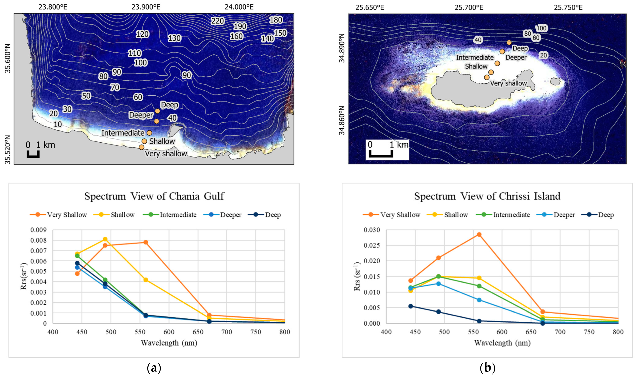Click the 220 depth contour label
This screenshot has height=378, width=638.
coord(217,21)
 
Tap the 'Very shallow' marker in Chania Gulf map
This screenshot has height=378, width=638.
coord(142,147)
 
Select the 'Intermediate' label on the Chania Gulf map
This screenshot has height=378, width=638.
coord(123,133)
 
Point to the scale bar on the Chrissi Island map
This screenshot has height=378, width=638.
coord(381,154)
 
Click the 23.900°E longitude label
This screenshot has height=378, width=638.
coord(146,7)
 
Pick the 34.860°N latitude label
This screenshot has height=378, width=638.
coord(342,120)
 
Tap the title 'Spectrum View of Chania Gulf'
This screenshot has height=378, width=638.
coord(154,196)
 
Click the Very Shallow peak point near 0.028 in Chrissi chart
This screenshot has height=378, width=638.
coord(479,234)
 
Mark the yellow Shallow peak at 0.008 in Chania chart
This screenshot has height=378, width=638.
coord(105,239)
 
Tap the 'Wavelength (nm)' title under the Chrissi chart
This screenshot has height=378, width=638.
coord(502,343)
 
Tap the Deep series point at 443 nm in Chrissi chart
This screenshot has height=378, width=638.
coord(411,306)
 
